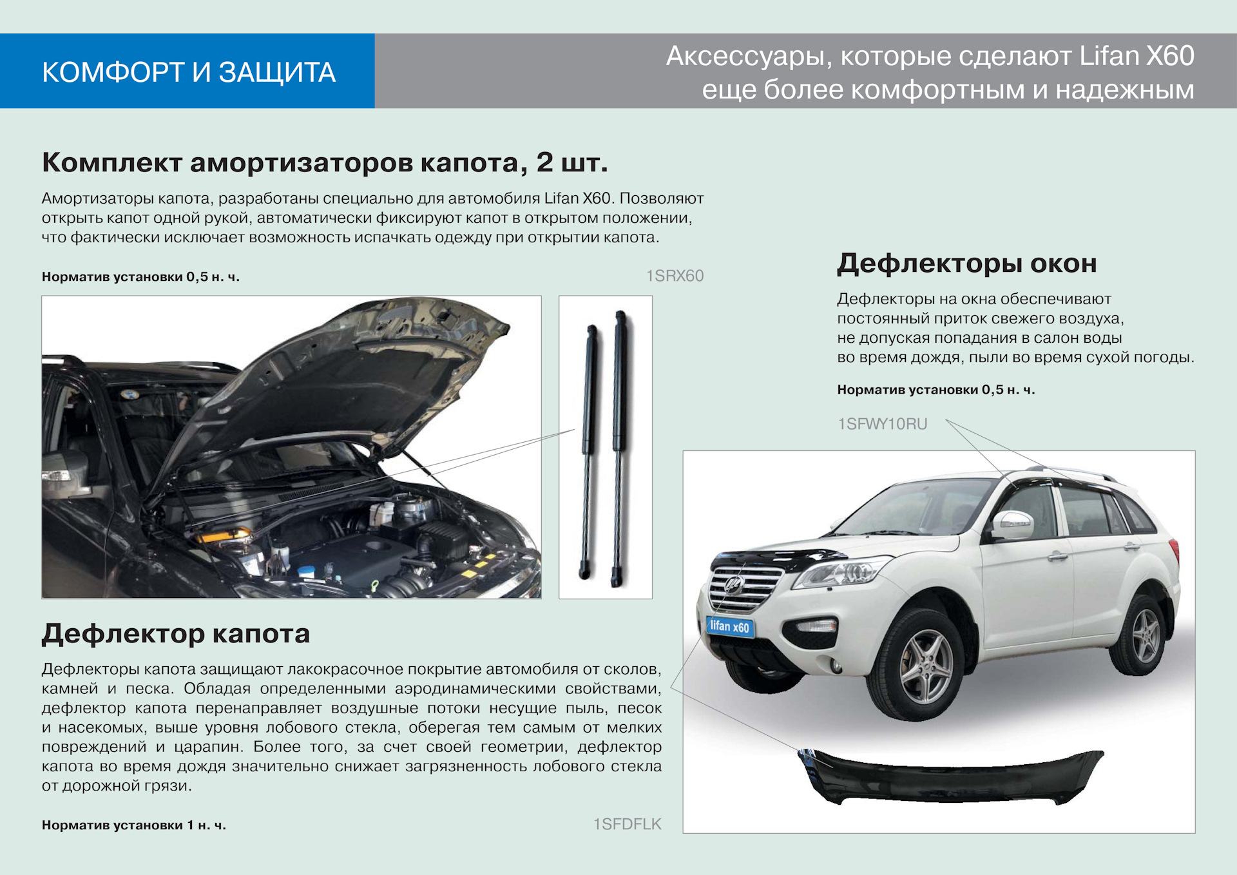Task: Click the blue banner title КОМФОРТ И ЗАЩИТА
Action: (189, 72)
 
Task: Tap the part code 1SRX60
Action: (675, 276)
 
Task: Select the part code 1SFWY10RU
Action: (882, 424)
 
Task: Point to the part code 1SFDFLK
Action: (628, 824)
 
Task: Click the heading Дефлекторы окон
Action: (966, 264)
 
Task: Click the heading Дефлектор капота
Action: (176, 634)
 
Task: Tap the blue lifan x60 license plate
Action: (730, 626)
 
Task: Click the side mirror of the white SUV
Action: (1012, 524)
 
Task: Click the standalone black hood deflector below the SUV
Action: (951, 776)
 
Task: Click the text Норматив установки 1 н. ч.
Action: (134, 825)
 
